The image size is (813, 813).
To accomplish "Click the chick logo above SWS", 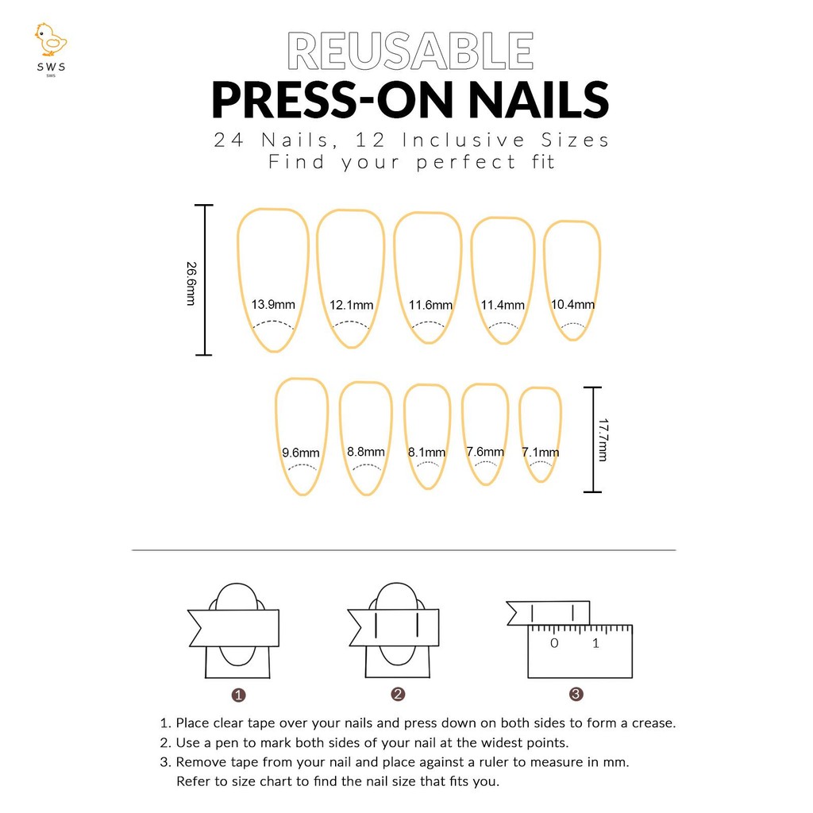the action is click(51, 40).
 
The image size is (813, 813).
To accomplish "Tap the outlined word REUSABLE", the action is click(410, 51).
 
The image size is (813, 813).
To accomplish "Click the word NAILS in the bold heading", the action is click(538, 100).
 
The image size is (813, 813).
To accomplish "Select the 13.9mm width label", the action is click(273, 304).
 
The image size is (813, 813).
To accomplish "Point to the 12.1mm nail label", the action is click(352, 305).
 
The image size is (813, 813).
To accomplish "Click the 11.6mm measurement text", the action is click(430, 305).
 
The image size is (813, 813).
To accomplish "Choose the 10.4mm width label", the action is click(572, 304).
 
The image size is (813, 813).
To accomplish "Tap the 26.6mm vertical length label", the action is click(191, 283).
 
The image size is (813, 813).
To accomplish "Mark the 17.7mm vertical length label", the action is click(603, 440).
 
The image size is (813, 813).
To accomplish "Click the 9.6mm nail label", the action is click(301, 453).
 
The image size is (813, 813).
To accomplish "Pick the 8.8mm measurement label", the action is click(366, 452).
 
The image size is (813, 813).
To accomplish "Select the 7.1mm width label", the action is click(540, 452).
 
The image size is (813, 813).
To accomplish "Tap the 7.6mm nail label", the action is click(485, 452).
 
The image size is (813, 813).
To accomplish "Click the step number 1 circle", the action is click(238, 695).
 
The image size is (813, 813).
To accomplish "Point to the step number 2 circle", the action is click(398, 694).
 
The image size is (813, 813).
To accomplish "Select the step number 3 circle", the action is click(576, 694).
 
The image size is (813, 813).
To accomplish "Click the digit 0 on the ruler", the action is click(554, 643).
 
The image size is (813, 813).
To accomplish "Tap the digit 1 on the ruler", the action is click(595, 643).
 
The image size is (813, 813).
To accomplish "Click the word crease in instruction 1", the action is click(653, 722).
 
